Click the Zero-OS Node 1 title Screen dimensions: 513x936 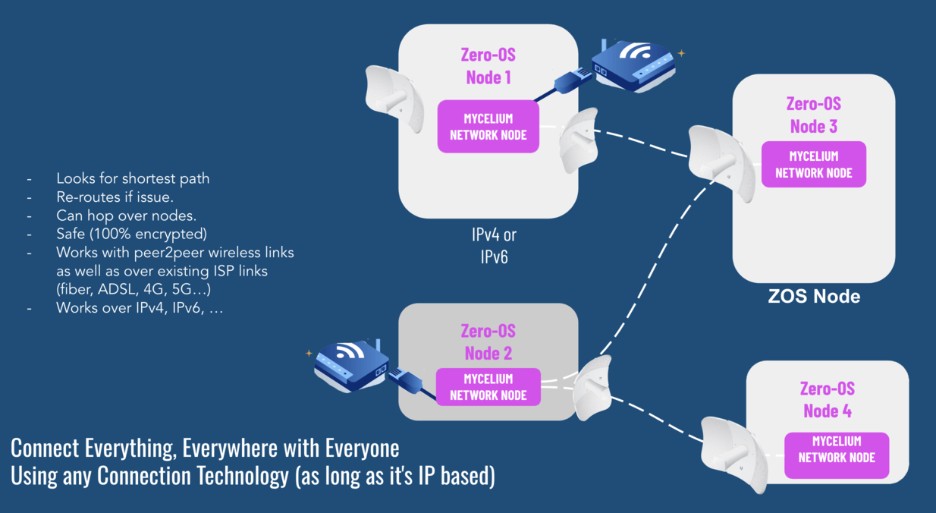(488, 65)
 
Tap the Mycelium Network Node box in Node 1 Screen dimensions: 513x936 (488, 127)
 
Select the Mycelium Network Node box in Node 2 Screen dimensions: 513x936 (488, 387)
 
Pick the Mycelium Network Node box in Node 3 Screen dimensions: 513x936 (813, 164)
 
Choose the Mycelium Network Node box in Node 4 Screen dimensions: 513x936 (836, 449)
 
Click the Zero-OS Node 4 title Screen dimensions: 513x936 (827, 400)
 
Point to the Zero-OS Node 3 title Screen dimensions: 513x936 (813, 115)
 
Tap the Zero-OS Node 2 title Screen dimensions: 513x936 (488, 342)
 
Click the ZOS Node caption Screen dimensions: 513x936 (814, 296)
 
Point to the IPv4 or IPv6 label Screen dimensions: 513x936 (494, 246)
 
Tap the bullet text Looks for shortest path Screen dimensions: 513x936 (133, 179)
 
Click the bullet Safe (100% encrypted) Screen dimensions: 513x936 (131, 233)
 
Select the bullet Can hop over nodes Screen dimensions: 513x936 (126, 215)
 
